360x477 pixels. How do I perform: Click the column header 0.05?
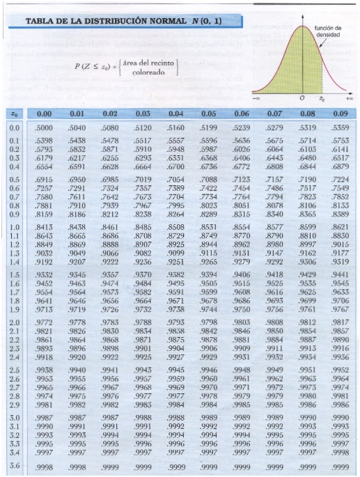click(x=208, y=113)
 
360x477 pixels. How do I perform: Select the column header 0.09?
click(x=341, y=113)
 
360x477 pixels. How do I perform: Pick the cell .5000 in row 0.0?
click(x=44, y=128)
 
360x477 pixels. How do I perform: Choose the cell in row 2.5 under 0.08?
click(x=307, y=370)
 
